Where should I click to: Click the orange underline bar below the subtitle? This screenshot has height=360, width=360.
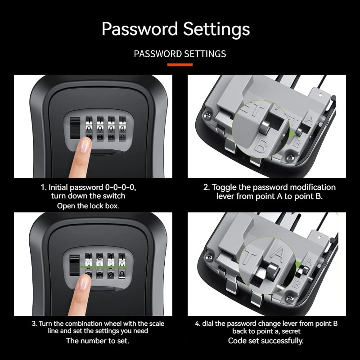tap(180, 65)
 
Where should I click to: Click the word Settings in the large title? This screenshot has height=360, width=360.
tap(216, 29)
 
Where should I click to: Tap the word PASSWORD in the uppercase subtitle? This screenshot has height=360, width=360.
tap(156, 54)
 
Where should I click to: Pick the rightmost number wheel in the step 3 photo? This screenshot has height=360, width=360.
tap(121, 266)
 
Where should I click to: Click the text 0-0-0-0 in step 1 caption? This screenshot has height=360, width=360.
tap(129, 187)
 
